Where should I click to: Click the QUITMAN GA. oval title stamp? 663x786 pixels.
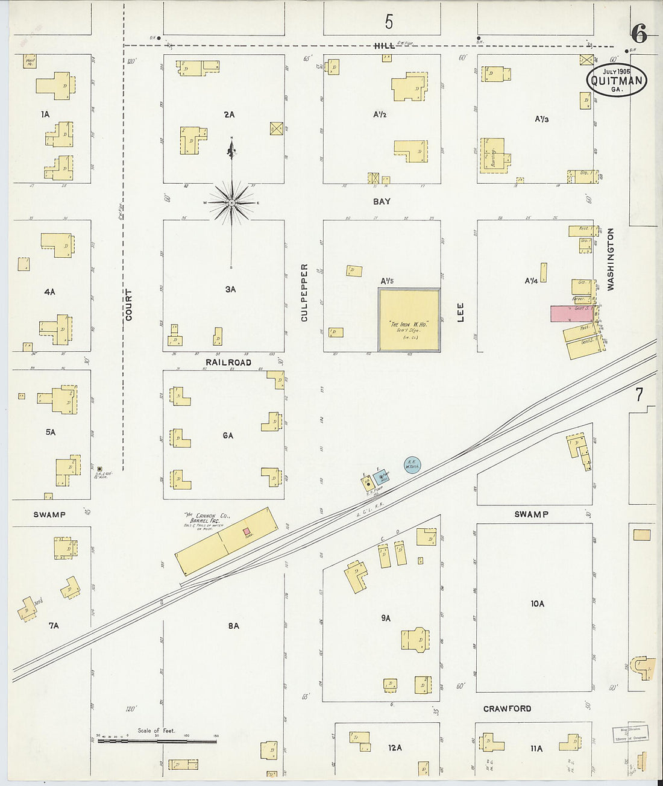617,80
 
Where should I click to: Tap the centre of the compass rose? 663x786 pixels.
232,203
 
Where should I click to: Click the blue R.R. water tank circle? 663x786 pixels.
412,464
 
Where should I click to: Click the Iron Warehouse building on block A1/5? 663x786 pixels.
409,320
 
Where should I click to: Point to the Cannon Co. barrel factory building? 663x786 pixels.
226,541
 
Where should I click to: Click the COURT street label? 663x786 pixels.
129,304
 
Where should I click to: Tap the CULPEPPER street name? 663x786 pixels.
304,292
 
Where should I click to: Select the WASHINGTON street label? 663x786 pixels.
611,260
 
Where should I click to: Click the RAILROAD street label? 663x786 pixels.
228,362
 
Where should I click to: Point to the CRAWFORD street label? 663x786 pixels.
507,709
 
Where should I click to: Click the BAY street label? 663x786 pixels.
382,202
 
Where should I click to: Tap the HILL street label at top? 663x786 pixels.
384,46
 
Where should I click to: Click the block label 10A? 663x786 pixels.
537,604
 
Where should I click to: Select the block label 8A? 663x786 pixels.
233,626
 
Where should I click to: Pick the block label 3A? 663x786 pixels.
230,289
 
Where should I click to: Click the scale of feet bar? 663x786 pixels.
157,739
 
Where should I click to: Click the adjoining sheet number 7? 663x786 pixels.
639,395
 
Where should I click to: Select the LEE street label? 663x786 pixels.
461,312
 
